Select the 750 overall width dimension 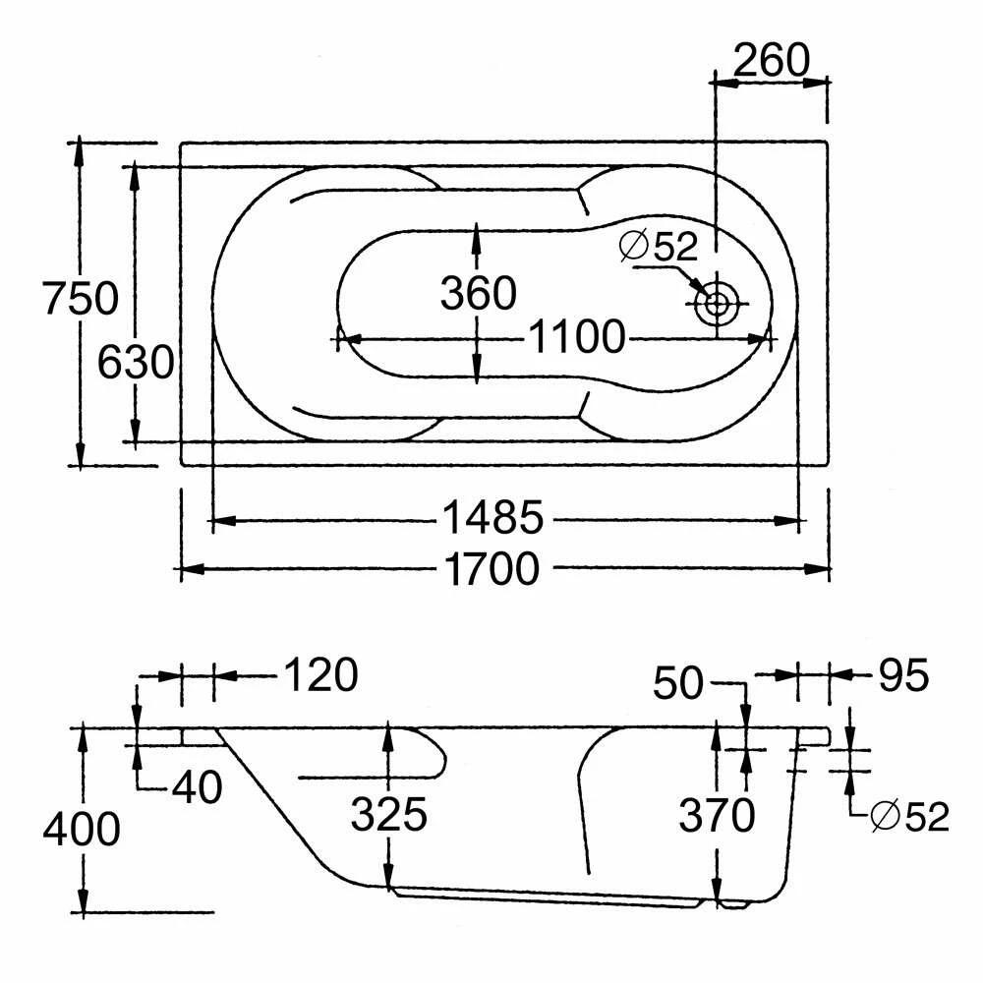(80, 297)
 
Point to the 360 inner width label (478, 293)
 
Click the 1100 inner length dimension (576, 338)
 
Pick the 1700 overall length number (491, 568)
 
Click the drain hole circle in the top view (716, 304)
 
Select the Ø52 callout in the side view (910, 816)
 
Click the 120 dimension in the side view (320, 675)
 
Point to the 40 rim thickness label (197, 786)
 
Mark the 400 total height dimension (81, 830)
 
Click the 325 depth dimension (390, 814)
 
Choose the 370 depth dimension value (719, 814)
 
